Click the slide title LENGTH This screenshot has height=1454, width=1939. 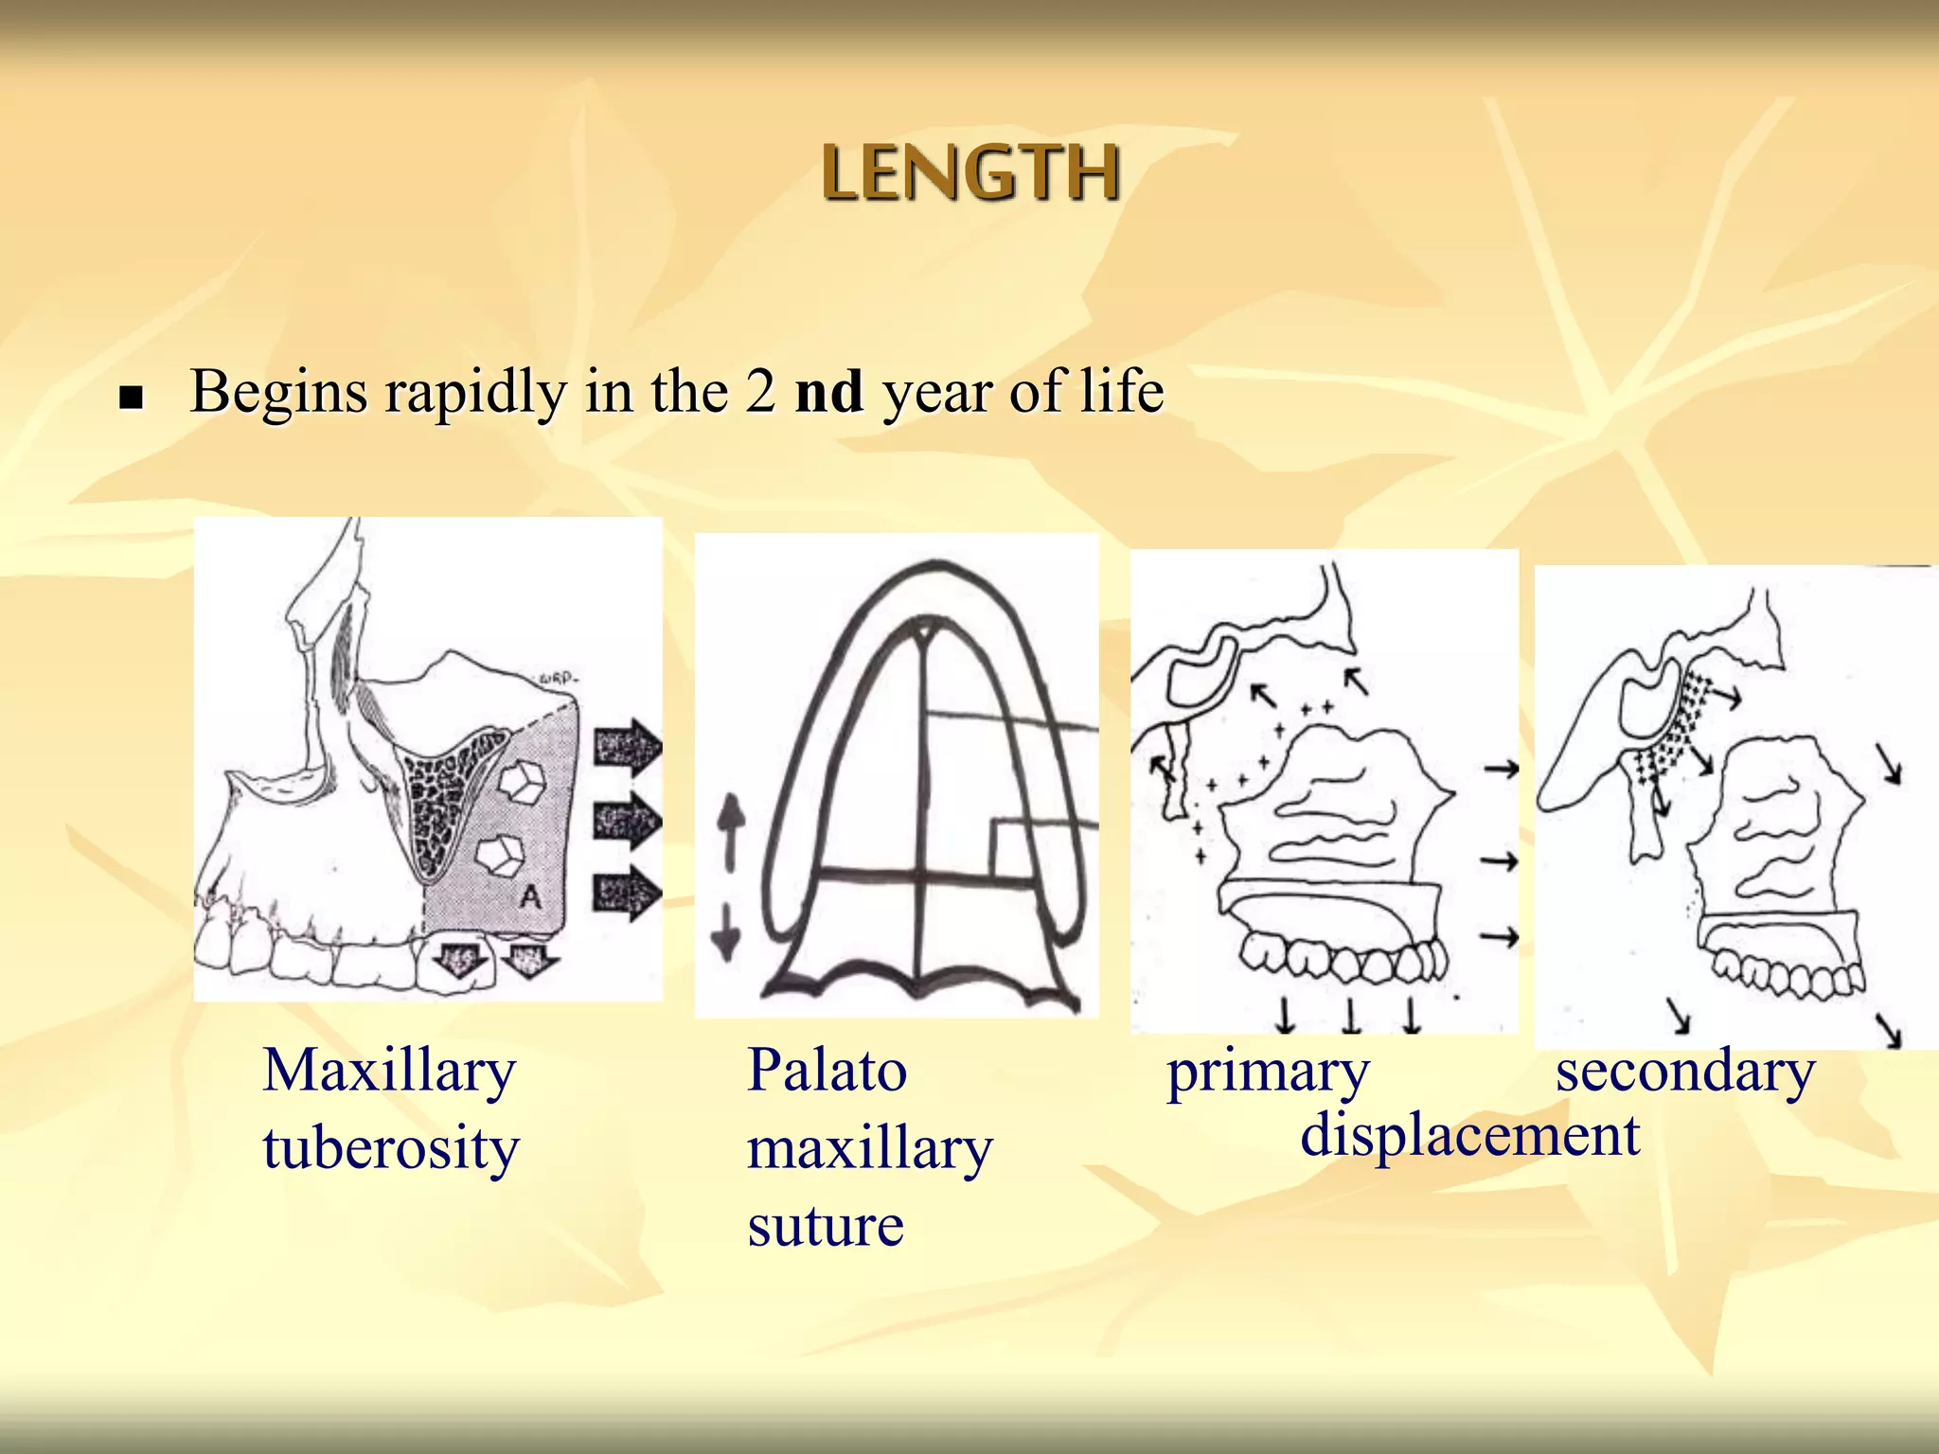pos(970,173)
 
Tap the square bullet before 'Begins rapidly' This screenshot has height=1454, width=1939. pos(131,397)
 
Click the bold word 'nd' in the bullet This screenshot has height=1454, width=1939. pos(828,391)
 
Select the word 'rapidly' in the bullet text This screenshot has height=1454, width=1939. pos(472,393)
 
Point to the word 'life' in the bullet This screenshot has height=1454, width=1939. pos(1122,391)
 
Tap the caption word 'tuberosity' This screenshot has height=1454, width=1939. pos(391,1148)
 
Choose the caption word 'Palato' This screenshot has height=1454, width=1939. pos(827,1072)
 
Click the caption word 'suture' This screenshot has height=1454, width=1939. pos(826,1226)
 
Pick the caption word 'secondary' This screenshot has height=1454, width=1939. pos(1685,1073)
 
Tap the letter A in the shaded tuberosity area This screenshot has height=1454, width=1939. pos(531,896)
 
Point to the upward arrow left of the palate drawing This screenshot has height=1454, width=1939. pos(730,828)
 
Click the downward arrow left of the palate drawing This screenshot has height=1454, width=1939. pos(726,932)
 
